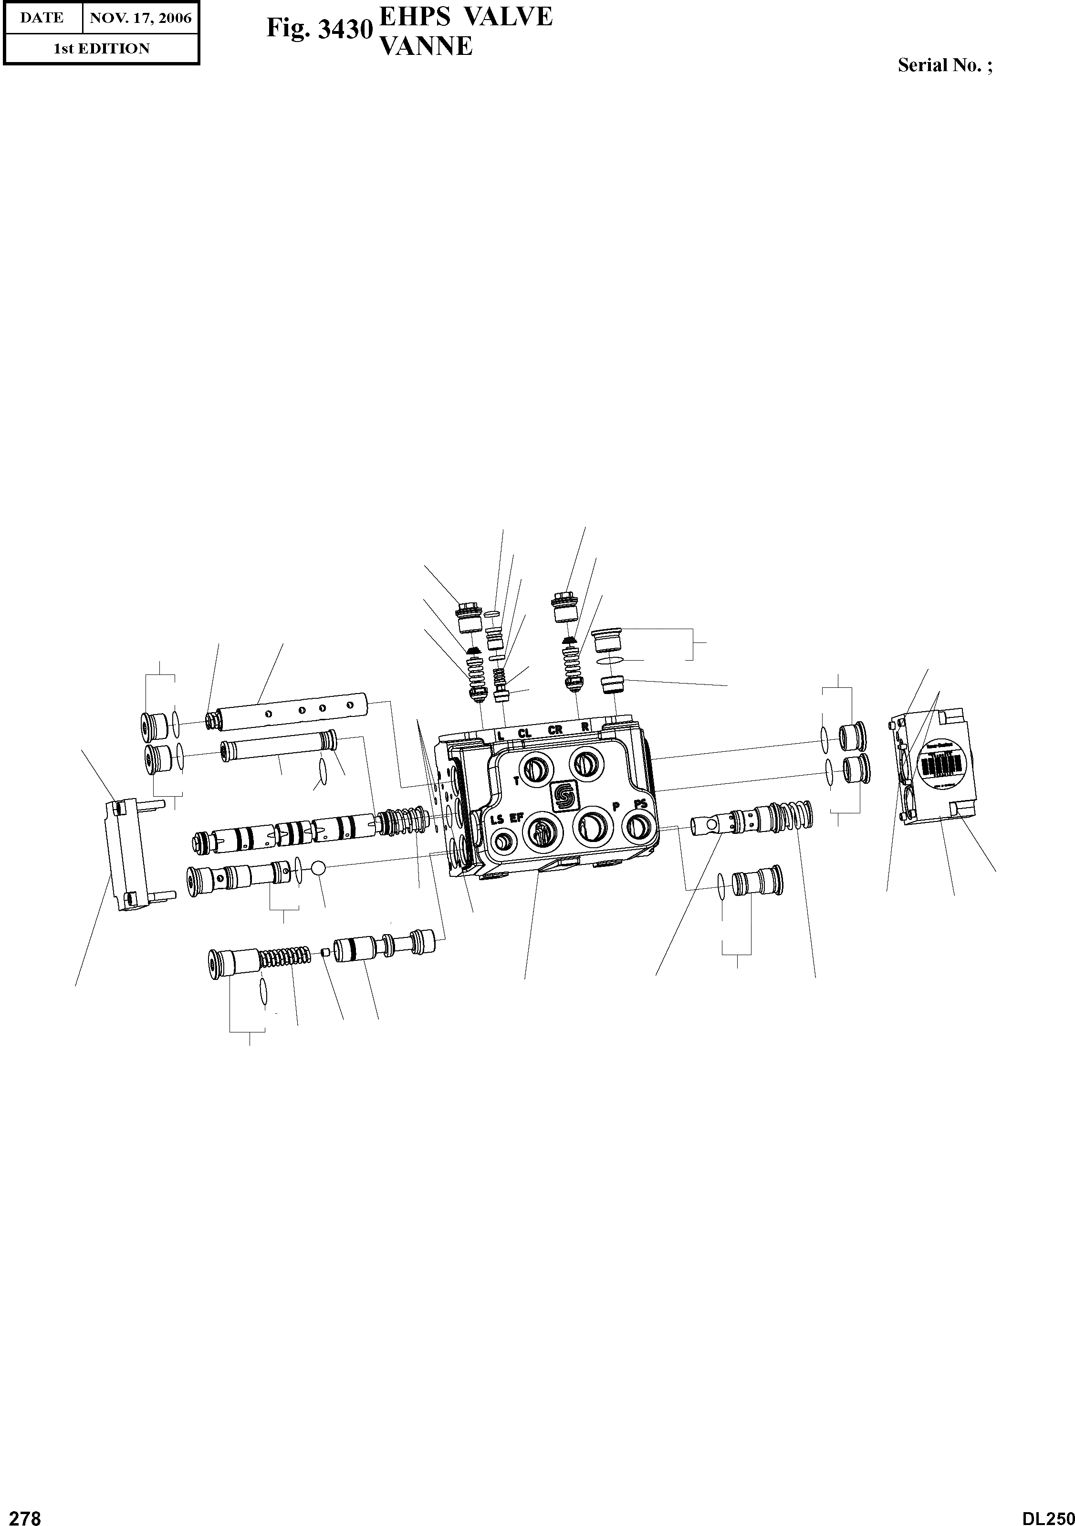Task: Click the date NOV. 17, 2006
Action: [x=141, y=18]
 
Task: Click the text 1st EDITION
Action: [x=102, y=49]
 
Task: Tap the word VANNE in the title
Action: [x=425, y=46]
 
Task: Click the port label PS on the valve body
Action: [x=640, y=803]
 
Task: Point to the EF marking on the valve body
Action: [x=517, y=818]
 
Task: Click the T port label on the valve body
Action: [x=517, y=781]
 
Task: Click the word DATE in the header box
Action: [x=42, y=18]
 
